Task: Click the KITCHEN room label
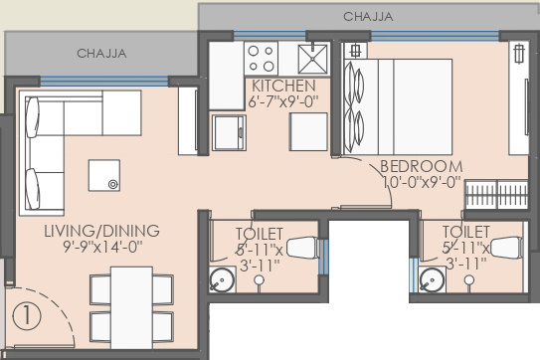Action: point(283,86)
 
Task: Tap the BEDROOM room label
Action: point(422,166)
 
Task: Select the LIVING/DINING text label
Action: point(101,231)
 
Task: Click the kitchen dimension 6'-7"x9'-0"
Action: point(283,100)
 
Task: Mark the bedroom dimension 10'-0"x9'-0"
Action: point(421,182)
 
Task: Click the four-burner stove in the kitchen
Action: point(261,55)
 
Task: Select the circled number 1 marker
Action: point(27,317)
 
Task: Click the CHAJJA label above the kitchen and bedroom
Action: point(368,17)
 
